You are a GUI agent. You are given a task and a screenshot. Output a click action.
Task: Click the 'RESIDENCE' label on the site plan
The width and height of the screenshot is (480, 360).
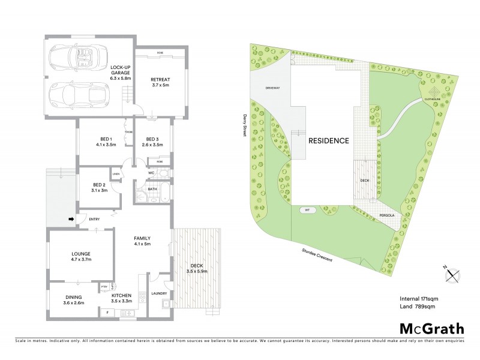pos(328,141)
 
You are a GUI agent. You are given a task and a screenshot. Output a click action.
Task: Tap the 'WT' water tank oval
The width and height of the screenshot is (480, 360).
pos(307,211)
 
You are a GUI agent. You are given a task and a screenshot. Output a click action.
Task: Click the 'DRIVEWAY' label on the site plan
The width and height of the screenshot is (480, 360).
pos(274,88)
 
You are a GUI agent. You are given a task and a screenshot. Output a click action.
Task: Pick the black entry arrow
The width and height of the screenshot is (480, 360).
pos(71,219)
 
